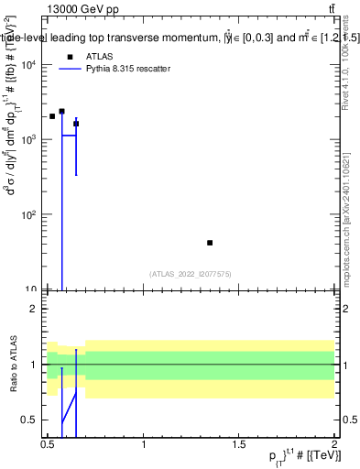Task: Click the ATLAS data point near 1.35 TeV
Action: click(210, 243)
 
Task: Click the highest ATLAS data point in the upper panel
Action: click(61, 112)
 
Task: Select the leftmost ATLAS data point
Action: click(52, 116)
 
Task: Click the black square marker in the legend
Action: click(70, 56)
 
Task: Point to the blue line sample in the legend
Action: click(70, 69)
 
